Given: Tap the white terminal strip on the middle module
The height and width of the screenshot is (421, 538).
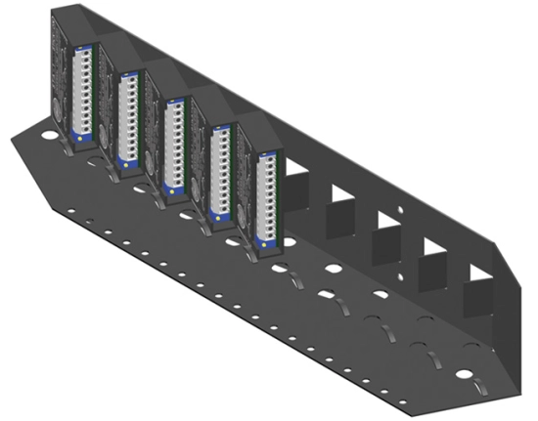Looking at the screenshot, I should [x=174, y=138].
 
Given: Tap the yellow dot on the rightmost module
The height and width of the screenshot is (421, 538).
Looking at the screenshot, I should [x=260, y=237].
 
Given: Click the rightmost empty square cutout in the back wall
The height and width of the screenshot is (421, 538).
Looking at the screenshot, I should [x=477, y=291].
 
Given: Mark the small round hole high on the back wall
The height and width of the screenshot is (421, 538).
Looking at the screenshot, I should [x=401, y=208].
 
